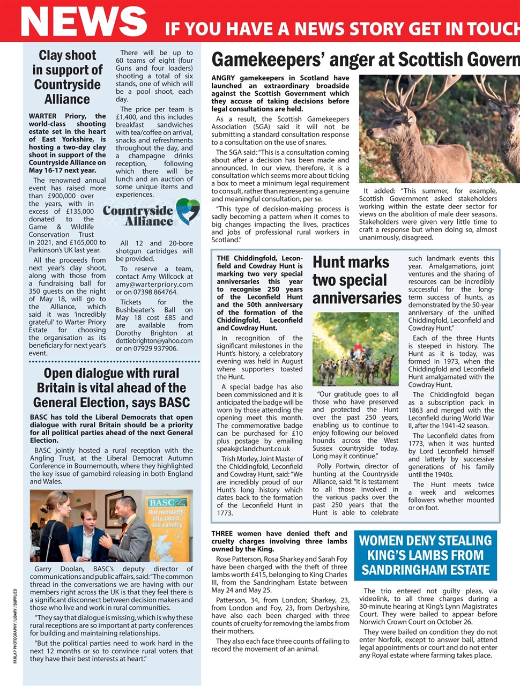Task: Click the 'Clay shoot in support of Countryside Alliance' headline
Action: click(67, 77)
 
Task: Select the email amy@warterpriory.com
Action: click(154, 284)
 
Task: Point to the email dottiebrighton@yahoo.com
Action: click(154, 341)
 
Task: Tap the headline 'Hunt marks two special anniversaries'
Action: click(356, 280)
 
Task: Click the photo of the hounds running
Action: click(355, 349)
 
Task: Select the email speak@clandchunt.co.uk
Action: click(254, 449)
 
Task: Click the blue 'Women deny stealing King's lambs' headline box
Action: click(425, 555)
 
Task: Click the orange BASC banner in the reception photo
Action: click(168, 523)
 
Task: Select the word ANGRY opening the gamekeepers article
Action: click(225, 78)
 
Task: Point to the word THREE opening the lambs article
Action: click(222, 533)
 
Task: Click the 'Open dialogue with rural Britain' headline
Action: click(112, 387)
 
